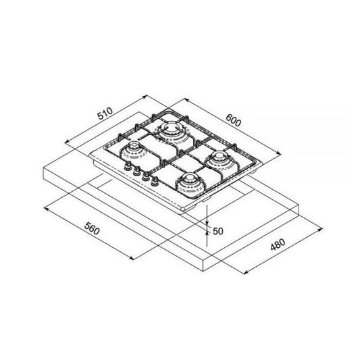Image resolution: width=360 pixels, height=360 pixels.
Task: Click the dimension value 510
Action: click(104, 113)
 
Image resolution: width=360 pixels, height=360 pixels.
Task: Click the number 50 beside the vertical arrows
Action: click(217, 231)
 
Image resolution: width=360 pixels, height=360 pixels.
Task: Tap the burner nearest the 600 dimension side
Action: click(220, 161)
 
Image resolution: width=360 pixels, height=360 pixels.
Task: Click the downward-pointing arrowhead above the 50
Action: click(208, 221)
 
